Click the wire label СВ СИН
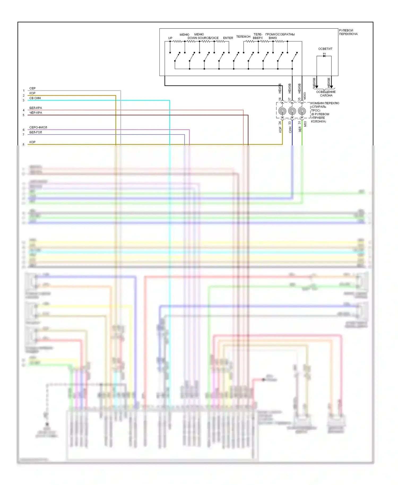click(x=35, y=98)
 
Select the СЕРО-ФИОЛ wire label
click(x=38, y=127)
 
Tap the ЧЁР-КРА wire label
click(x=36, y=113)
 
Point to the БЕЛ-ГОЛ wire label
click(x=36, y=132)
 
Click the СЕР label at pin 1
click(x=32, y=88)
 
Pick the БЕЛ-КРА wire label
click(x=36, y=108)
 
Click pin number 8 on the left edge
click(x=23, y=145)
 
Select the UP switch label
click(x=170, y=38)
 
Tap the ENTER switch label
click(x=228, y=38)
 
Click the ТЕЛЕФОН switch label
click(x=243, y=37)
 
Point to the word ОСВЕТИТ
click(x=325, y=49)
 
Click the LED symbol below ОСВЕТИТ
click(x=324, y=56)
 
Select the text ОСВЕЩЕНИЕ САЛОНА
click(x=326, y=94)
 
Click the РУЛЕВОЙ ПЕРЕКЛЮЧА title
click(x=348, y=32)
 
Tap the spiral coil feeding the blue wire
click(x=292, y=111)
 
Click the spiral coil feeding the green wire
click(x=302, y=111)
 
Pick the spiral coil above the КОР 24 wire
click(x=282, y=111)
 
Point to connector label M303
click(x=305, y=96)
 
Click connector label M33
click(x=305, y=124)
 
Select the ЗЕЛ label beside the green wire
click(x=300, y=129)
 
